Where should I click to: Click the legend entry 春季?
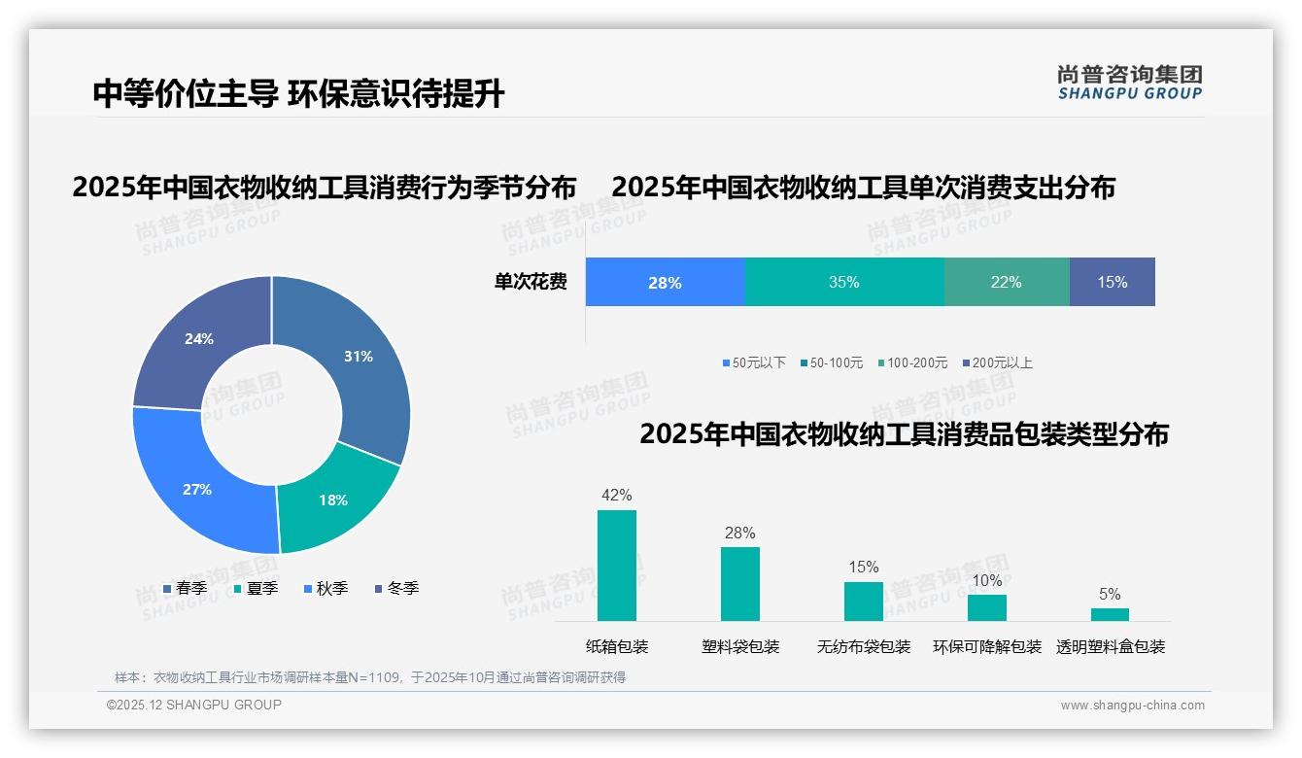click(x=185, y=589)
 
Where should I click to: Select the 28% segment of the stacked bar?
click(x=665, y=282)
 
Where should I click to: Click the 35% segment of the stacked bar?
click(x=843, y=282)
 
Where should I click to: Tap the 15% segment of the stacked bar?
click(x=1112, y=282)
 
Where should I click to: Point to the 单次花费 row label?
click(x=531, y=283)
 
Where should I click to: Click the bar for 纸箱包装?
click(x=617, y=566)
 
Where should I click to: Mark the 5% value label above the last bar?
click(x=1110, y=595)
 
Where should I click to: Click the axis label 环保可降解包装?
click(x=987, y=647)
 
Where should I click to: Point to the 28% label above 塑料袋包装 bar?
click(x=739, y=534)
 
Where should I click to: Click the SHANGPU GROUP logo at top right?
click(x=1129, y=83)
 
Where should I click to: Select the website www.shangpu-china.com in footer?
click(x=1132, y=706)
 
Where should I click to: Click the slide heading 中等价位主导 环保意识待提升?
click(x=298, y=94)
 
